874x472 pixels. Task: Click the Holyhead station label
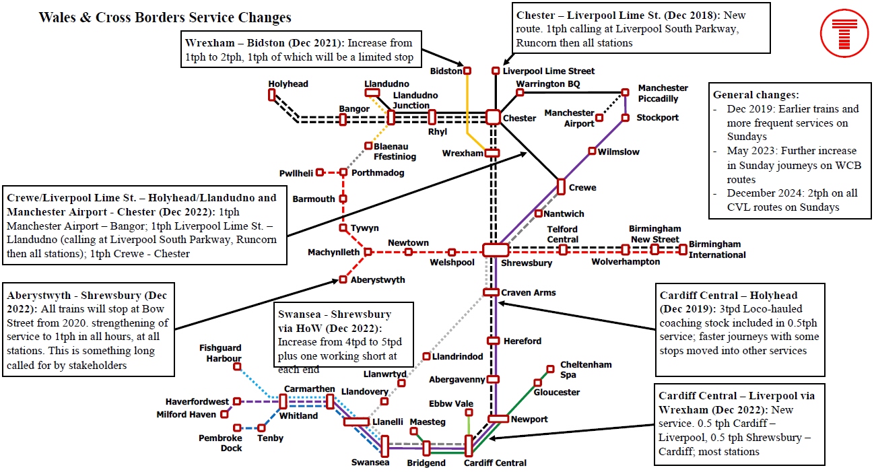click(288, 84)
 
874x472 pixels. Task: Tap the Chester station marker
click(493, 117)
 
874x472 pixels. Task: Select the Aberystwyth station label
click(378, 279)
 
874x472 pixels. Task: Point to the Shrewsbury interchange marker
click(495, 250)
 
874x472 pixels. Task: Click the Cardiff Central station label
click(496, 463)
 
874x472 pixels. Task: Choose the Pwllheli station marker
click(320, 172)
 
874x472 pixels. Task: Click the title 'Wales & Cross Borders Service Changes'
click(165, 18)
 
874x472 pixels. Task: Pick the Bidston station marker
click(467, 71)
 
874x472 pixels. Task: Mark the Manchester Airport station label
click(569, 118)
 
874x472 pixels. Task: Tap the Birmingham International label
click(717, 250)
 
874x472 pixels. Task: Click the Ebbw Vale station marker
click(469, 412)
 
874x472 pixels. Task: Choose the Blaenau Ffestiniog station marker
click(368, 145)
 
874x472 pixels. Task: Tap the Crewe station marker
click(561, 186)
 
